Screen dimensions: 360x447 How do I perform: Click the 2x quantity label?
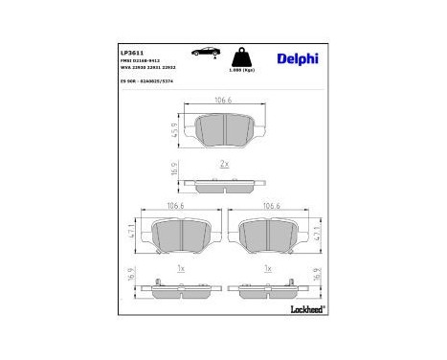tap(223, 165)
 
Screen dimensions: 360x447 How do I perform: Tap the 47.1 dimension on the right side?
tap(314, 232)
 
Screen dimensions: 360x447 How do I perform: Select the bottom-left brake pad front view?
tap(179, 233)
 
